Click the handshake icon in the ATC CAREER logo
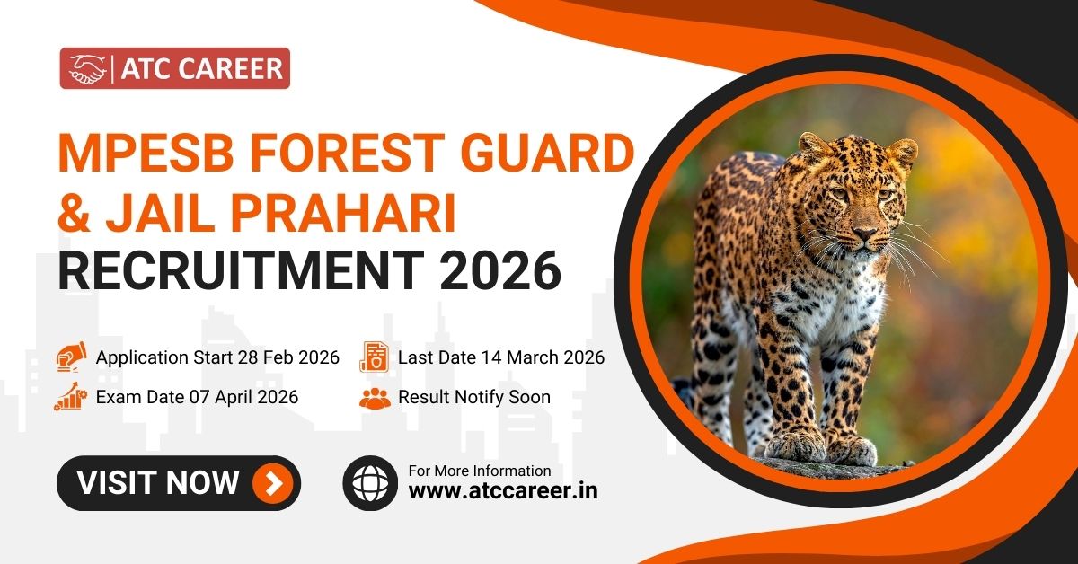(87, 69)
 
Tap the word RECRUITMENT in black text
(241, 270)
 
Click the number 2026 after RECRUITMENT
(500, 270)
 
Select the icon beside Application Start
(71, 357)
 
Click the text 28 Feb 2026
(288, 357)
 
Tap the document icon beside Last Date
(374, 357)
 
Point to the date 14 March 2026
(543, 357)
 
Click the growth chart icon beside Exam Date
(70, 396)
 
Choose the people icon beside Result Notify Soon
(375, 398)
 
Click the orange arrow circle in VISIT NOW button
(273, 483)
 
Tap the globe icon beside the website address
(370, 483)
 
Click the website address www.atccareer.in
(503, 491)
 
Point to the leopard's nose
(865, 234)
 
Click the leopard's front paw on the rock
(794, 445)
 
